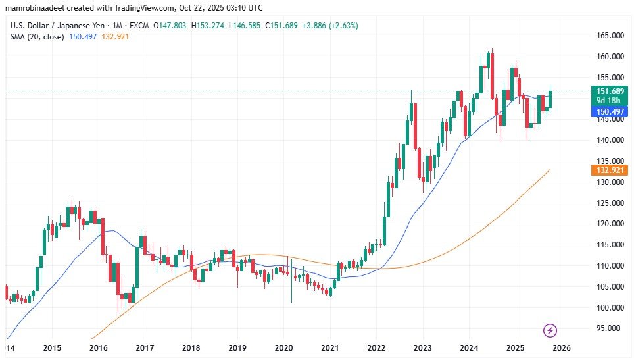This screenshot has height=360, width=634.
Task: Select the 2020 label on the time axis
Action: pos(283,347)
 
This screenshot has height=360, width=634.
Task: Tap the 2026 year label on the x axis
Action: pos(563,347)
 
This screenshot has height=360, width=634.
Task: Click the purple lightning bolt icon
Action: pos(551,330)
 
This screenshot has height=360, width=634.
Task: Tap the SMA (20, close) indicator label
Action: pos(37,37)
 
